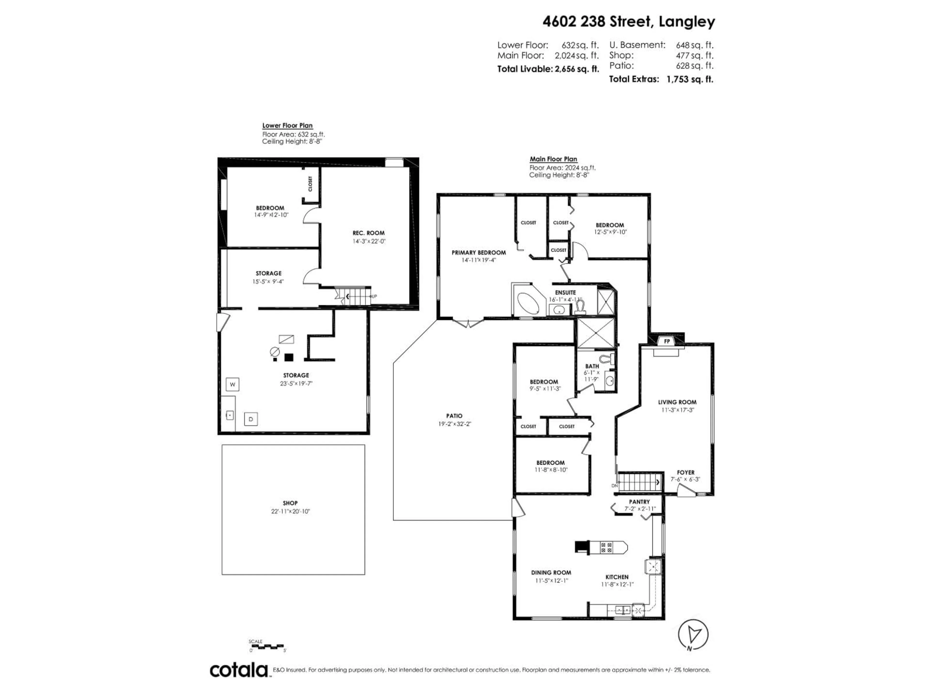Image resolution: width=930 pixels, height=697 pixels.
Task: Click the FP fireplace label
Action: pyautogui.click(x=667, y=341)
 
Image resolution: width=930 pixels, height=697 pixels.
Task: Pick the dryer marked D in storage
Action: pyautogui.click(x=251, y=419)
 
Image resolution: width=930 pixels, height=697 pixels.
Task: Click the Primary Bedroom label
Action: pyautogui.click(x=479, y=252)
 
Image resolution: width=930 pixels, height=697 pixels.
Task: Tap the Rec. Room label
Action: pyautogui.click(x=368, y=233)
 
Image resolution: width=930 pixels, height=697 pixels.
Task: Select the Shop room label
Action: pyautogui.click(x=290, y=503)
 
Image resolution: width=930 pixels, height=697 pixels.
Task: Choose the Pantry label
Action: pyautogui.click(x=639, y=502)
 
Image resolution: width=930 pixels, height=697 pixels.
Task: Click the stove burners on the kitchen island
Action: pyautogui.click(x=606, y=547)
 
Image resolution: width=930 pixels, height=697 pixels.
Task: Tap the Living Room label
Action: pyautogui.click(x=677, y=402)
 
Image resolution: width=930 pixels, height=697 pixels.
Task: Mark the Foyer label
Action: pyautogui.click(x=685, y=472)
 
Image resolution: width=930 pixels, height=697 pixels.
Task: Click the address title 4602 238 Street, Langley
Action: pyautogui.click(x=628, y=22)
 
